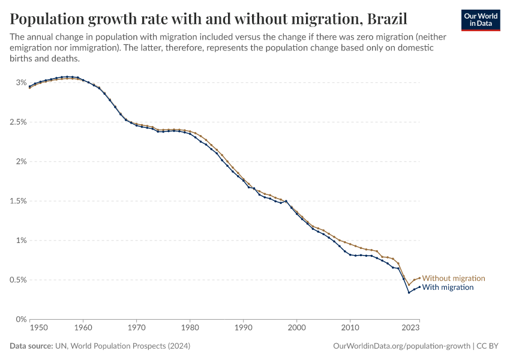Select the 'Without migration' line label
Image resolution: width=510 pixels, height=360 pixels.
coord(454,278)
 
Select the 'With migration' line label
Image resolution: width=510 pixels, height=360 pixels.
coord(448,287)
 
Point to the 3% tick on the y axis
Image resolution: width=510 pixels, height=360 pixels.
coord(21,82)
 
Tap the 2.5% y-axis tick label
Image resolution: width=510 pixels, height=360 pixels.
coord(17,122)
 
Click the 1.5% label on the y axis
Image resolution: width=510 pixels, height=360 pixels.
coord(17,201)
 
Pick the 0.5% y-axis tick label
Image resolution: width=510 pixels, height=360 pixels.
coord(17,280)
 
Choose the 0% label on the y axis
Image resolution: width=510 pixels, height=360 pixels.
coord(21,319)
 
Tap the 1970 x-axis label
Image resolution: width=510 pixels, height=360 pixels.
coord(136,328)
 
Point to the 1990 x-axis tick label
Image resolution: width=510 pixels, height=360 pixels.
coord(243,328)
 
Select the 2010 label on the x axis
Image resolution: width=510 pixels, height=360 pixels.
coord(350,328)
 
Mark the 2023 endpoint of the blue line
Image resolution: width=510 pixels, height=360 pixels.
coord(419,287)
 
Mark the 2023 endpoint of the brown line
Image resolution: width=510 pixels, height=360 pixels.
coord(419,278)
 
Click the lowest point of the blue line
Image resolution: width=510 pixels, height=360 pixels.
coord(409,292)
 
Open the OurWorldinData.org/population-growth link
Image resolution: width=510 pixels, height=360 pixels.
coord(401,346)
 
